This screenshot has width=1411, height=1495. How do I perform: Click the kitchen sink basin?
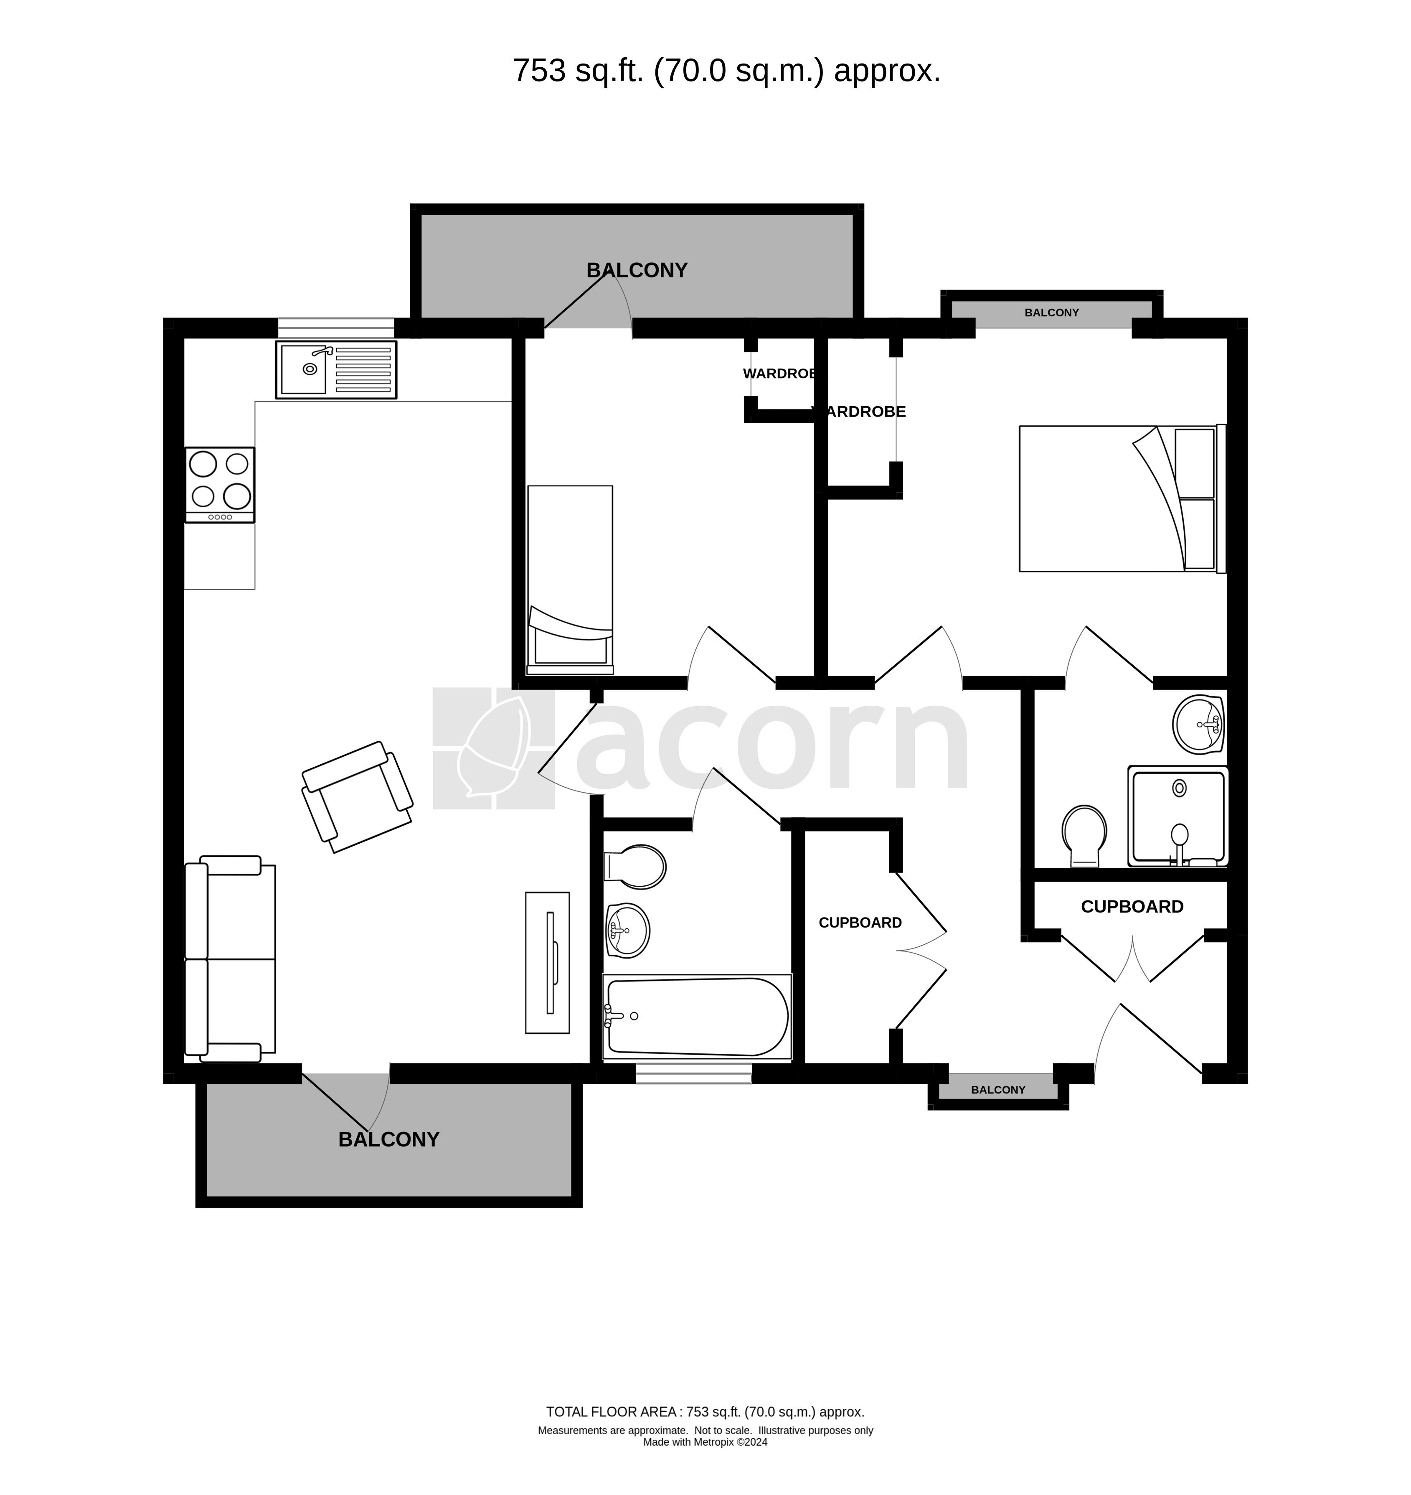[x=304, y=369]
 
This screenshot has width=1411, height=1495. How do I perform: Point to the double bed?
[x=1123, y=499]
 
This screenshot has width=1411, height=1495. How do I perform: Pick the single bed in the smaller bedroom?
[x=570, y=580]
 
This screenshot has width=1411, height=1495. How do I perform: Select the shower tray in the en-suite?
[x=1178, y=816]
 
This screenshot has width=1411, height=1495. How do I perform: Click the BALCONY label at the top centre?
[x=637, y=270]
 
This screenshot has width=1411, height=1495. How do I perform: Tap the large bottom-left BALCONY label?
[x=389, y=1139]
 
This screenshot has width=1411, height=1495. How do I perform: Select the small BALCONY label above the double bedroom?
[x=1051, y=312]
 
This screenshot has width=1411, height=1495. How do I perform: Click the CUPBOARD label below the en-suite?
[x=1132, y=907]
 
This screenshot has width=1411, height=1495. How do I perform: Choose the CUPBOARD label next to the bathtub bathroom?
[x=860, y=923]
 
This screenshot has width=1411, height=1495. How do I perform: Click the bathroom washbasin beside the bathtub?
[x=627, y=930]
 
